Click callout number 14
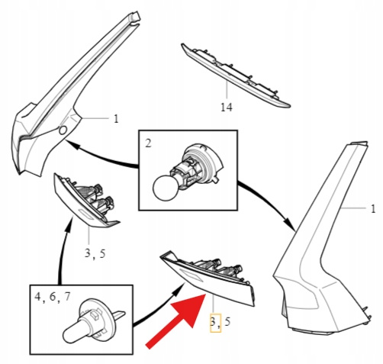pos(226,107)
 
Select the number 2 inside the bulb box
pos(148,143)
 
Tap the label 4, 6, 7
pos(52,297)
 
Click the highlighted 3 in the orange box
pos(213,322)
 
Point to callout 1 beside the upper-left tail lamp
pos(116,118)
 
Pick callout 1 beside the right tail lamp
pos(373,209)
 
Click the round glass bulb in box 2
pos(164,188)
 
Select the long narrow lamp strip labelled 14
pos(235,75)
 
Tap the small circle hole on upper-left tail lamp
pos(63,130)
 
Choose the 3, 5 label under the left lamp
pos(95,253)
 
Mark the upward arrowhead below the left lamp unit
pos(68,225)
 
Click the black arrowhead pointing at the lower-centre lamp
pos(179,289)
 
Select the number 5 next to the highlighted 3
pos(227,322)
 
